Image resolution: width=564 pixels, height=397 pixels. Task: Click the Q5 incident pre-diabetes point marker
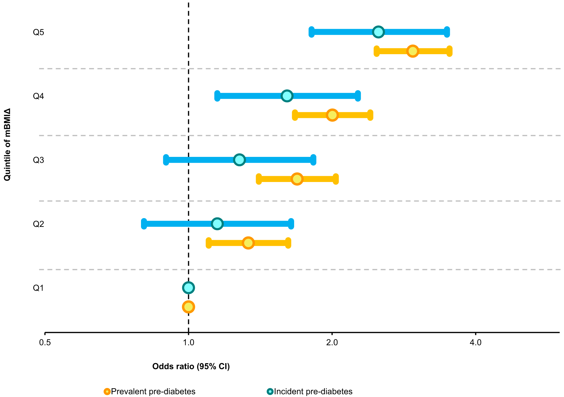(x=378, y=32)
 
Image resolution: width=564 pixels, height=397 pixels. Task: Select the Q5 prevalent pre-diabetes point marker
(x=413, y=51)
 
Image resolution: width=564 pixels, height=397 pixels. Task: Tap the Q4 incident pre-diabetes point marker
(x=287, y=96)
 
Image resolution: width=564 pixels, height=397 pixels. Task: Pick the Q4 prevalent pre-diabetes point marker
(x=332, y=115)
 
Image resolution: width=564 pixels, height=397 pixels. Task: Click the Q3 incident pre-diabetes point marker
(x=239, y=160)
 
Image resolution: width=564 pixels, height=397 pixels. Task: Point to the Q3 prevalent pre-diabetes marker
(x=297, y=179)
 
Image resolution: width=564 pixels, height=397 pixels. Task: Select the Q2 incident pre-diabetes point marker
(x=217, y=224)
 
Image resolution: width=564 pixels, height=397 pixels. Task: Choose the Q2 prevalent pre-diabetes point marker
(x=248, y=243)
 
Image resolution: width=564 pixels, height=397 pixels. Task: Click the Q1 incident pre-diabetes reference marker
(x=188, y=288)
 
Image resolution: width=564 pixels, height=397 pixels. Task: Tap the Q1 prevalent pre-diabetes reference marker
(x=188, y=307)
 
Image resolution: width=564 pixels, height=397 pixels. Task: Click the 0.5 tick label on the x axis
(x=45, y=343)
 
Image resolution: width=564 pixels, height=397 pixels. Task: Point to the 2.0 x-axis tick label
(x=332, y=343)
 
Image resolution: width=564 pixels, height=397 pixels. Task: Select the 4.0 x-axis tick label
(x=476, y=343)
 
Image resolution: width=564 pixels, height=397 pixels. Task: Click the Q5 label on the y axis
(x=38, y=32)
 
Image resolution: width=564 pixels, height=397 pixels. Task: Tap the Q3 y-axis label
(x=38, y=160)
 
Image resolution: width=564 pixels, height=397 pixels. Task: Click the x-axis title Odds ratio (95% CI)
(x=191, y=367)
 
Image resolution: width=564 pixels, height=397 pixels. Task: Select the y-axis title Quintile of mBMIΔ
(x=7, y=144)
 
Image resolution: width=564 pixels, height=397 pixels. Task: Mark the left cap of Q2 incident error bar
(x=144, y=224)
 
